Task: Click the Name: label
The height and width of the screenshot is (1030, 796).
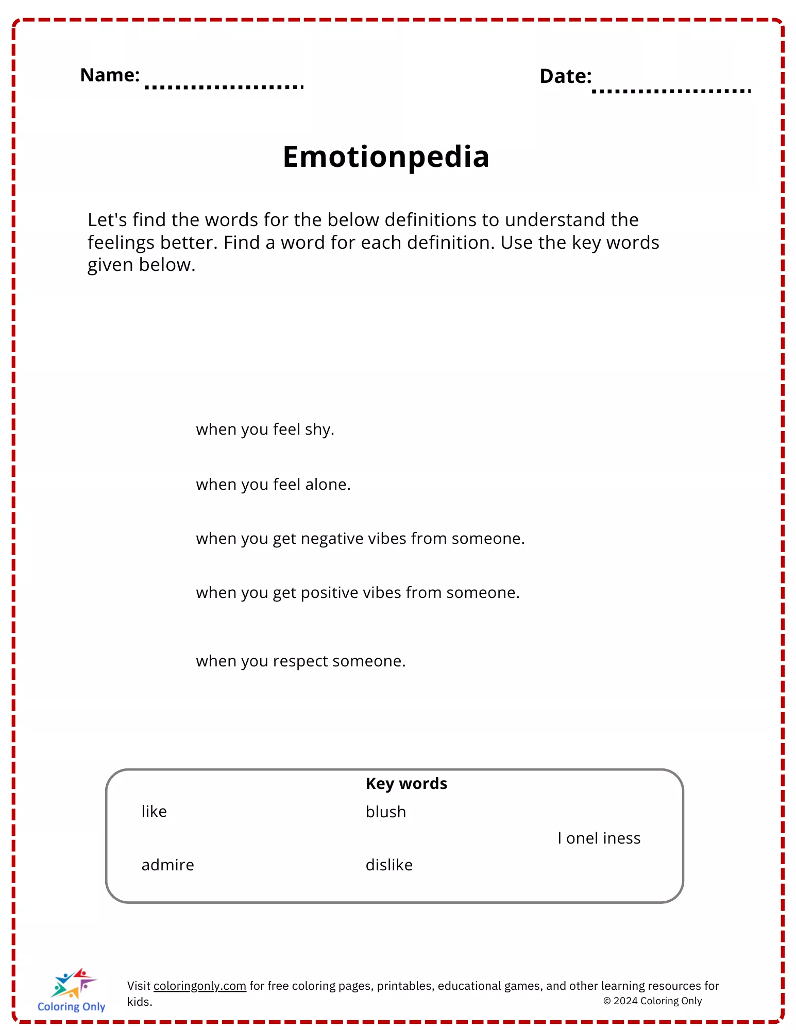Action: pyautogui.click(x=110, y=75)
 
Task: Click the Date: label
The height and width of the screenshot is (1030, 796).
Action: pyautogui.click(x=565, y=76)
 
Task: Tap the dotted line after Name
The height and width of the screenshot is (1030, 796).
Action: pyautogui.click(x=224, y=87)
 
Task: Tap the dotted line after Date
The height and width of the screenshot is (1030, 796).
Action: pyautogui.click(x=671, y=91)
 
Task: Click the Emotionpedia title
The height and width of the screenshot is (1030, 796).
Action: pyautogui.click(x=386, y=157)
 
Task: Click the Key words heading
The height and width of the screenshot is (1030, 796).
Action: pyautogui.click(x=406, y=783)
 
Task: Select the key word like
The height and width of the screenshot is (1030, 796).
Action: pyautogui.click(x=154, y=812)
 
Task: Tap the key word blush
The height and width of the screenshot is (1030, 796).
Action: pyautogui.click(x=385, y=812)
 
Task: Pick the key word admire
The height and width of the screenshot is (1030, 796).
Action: pyautogui.click(x=167, y=865)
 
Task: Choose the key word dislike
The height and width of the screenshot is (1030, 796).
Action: pyautogui.click(x=389, y=865)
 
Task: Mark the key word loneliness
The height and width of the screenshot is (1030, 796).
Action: pyautogui.click(x=599, y=838)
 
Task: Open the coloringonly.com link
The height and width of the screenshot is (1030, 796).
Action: pyautogui.click(x=200, y=986)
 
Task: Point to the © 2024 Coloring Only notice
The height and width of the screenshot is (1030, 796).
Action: pyautogui.click(x=652, y=1001)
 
